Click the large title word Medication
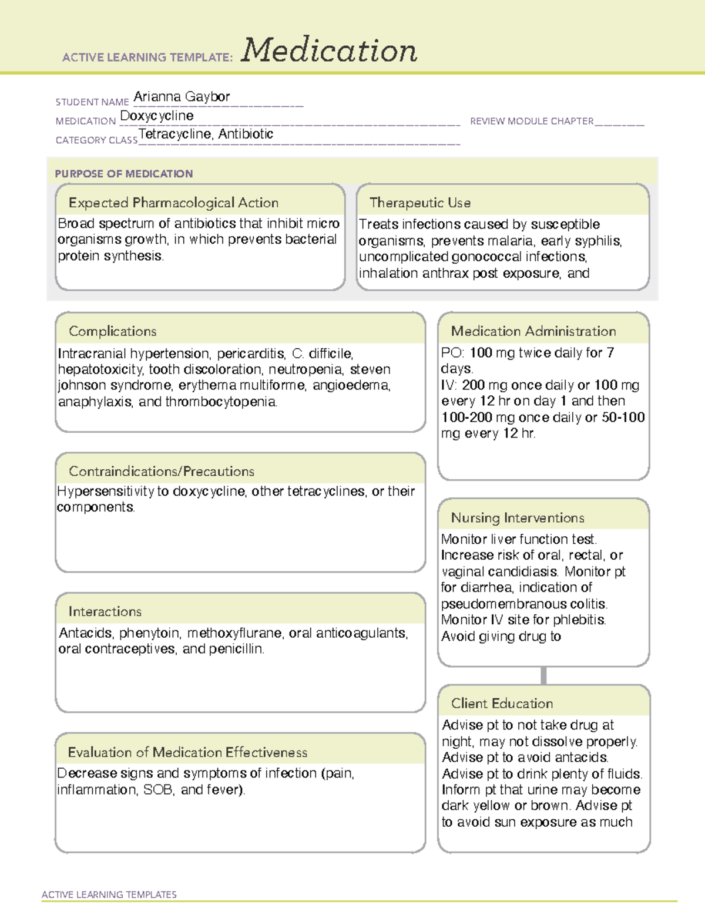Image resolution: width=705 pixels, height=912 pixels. click(x=329, y=51)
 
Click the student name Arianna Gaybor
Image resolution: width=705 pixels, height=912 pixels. click(x=182, y=96)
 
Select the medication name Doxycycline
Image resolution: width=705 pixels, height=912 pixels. click(x=157, y=116)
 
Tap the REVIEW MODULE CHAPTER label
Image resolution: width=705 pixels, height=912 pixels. click(x=532, y=121)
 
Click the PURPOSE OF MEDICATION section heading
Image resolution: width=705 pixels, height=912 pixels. click(x=124, y=174)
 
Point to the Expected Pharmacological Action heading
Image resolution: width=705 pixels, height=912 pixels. click(x=173, y=203)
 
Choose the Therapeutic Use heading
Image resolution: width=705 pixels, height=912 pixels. click(x=420, y=203)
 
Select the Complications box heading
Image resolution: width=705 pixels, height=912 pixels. click(x=113, y=331)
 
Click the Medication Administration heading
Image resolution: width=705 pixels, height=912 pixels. click(x=533, y=331)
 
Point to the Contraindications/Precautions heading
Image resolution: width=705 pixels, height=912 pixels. click(x=162, y=471)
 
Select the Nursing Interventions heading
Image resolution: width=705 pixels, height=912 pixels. click(x=518, y=517)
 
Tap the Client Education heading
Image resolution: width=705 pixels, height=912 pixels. click(x=502, y=704)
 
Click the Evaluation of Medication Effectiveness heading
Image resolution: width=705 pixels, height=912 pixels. click(x=187, y=752)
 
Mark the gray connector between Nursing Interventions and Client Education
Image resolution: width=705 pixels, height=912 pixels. click(x=543, y=675)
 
